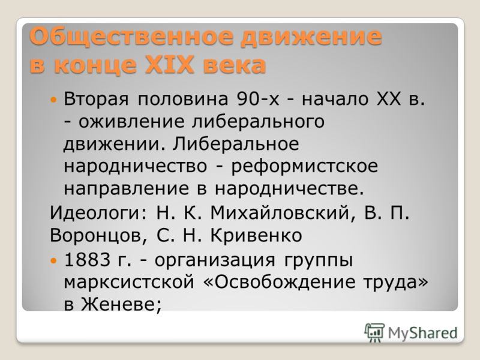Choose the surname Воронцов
click(x=95, y=235)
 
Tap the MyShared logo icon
click(x=374, y=331)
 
